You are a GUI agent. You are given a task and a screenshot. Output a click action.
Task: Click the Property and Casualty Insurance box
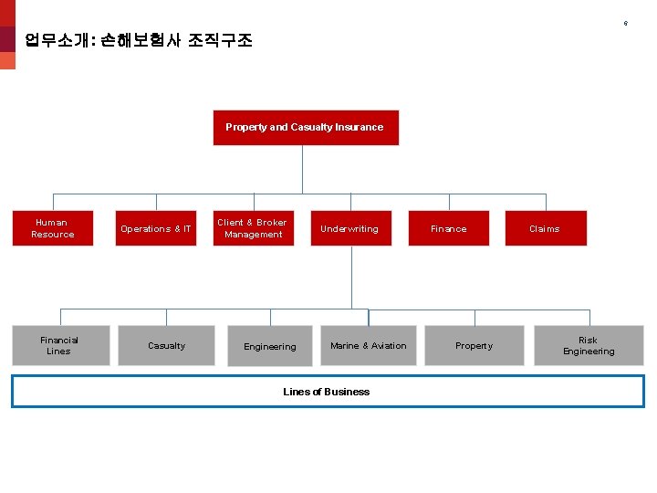pyautogui.click(x=305, y=128)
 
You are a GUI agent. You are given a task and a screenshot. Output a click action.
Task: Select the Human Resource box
pyautogui.click(x=52, y=228)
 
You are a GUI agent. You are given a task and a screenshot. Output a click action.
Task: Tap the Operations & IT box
pyautogui.click(x=156, y=228)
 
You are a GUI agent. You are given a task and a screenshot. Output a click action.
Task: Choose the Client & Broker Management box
pyautogui.click(x=253, y=228)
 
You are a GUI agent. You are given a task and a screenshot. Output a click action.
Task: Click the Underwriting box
pyautogui.click(x=350, y=228)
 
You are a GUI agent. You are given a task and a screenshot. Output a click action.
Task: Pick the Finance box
pyautogui.click(x=448, y=228)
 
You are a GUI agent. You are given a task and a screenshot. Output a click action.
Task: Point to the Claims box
pyautogui.click(x=545, y=228)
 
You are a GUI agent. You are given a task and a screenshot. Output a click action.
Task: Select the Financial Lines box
pyautogui.click(x=59, y=345)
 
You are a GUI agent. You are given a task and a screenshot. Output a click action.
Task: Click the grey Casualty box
pyautogui.click(x=166, y=345)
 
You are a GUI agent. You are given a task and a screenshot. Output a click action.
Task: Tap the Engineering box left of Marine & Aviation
pyautogui.click(x=269, y=346)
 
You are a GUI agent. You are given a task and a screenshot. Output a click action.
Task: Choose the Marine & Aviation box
pyautogui.click(x=368, y=345)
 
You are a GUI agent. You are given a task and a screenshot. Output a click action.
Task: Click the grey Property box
pyautogui.click(x=474, y=345)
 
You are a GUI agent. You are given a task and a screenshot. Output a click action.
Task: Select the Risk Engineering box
pyautogui.click(x=589, y=345)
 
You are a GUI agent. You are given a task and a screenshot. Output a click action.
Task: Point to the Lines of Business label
pyautogui.click(x=326, y=392)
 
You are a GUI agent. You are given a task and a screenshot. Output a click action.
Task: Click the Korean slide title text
pyautogui.click(x=139, y=40)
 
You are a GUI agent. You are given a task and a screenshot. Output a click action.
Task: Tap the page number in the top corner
pyautogui.click(x=625, y=23)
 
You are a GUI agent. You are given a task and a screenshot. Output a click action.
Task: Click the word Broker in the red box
pyautogui.click(x=272, y=223)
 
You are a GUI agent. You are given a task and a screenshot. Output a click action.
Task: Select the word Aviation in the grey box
pyautogui.click(x=389, y=346)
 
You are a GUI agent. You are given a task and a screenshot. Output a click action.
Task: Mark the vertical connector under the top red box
pyautogui.click(x=303, y=169)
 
